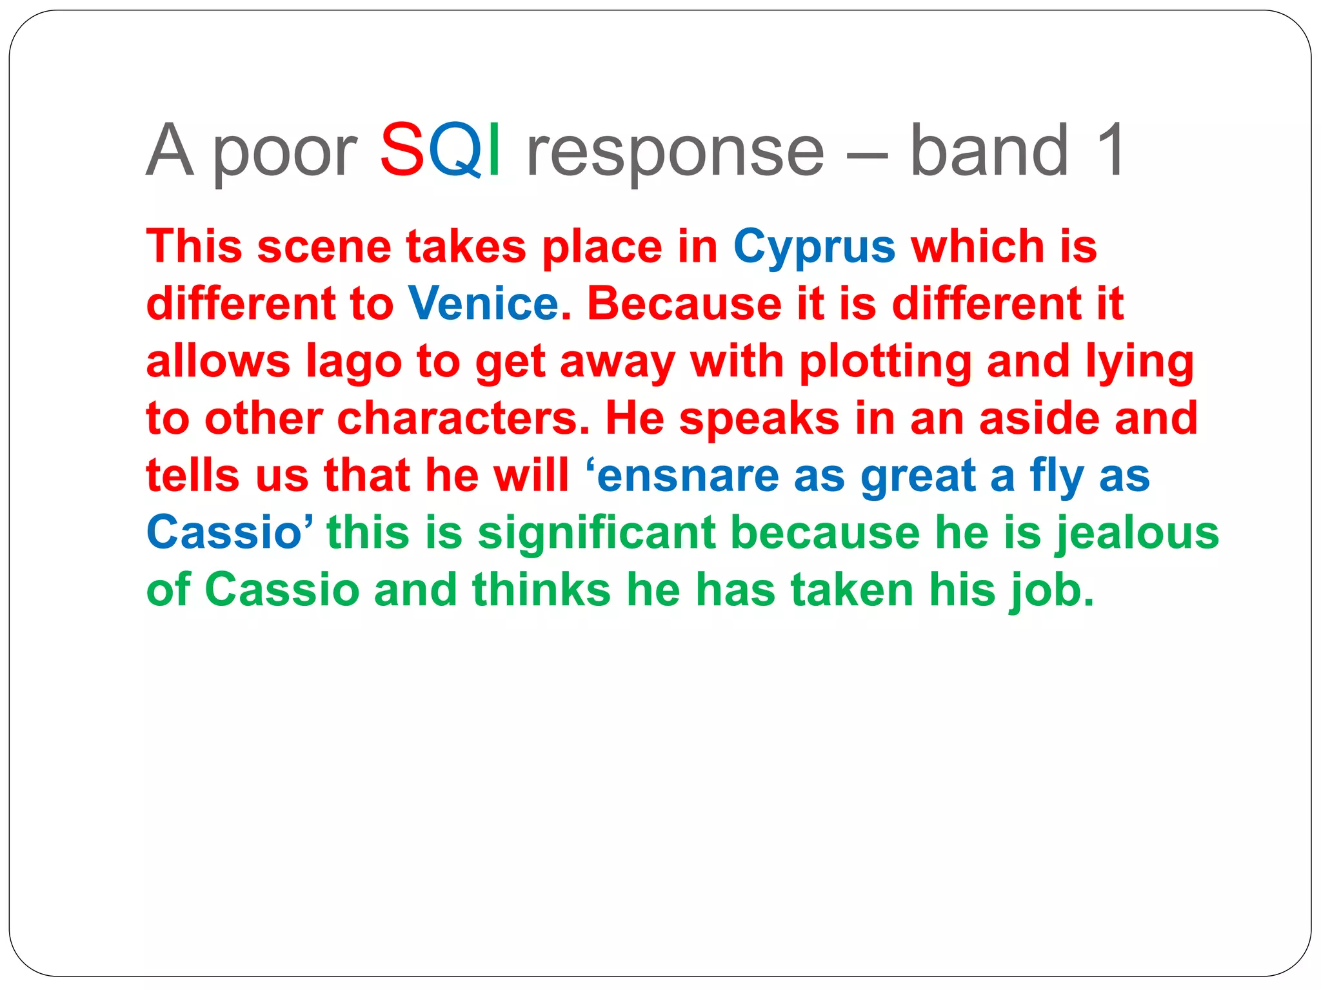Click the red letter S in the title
402,150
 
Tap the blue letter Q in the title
455,150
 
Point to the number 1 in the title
1108,150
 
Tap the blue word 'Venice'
483,304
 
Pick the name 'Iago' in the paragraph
353,362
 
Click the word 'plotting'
885,362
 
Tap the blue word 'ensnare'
688,476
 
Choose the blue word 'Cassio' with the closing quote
230,532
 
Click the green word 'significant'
596,534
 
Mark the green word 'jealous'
1137,534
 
